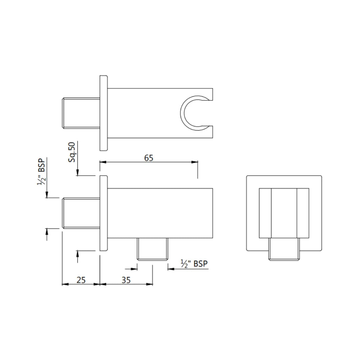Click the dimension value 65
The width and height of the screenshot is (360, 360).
(149, 158)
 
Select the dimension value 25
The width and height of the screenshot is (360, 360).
(81, 280)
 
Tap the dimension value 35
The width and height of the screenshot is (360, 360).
(126, 280)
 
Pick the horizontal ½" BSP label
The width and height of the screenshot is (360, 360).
(194, 264)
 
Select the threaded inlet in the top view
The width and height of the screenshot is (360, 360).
(81, 113)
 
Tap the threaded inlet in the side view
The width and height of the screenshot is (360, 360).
(81, 213)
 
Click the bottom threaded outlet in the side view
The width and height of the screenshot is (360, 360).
(153, 250)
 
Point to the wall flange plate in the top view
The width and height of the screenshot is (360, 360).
(104, 113)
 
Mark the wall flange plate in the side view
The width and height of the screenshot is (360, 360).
(104, 213)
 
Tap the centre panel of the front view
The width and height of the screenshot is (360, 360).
(284, 213)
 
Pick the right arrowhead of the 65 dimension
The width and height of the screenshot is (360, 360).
(195, 162)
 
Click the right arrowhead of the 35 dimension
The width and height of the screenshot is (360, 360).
(150, 284)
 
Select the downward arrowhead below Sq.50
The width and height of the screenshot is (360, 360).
(77, 173)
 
